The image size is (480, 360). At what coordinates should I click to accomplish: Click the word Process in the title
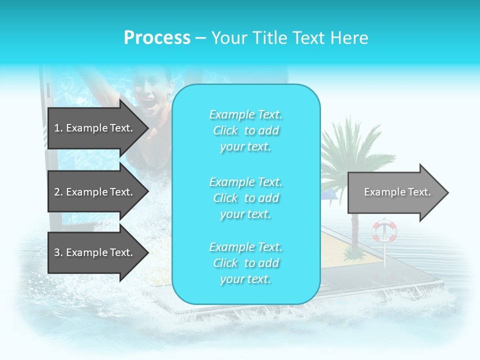point(157,38)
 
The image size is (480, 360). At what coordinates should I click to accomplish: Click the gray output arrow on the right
point(397,192)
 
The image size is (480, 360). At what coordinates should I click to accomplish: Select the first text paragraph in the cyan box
point(245,130)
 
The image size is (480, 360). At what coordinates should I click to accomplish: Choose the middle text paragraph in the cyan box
point(245,198)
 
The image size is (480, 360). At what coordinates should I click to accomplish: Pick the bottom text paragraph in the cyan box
point(245,263)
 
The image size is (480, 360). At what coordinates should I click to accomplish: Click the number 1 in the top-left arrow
point(57,128)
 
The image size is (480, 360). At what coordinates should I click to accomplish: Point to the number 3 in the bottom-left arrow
point(57,252)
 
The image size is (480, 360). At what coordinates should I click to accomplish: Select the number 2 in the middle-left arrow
point(57,192)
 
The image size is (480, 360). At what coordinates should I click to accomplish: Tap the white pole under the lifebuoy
point(384,255)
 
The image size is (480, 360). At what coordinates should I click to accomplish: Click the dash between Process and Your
point(200,38)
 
